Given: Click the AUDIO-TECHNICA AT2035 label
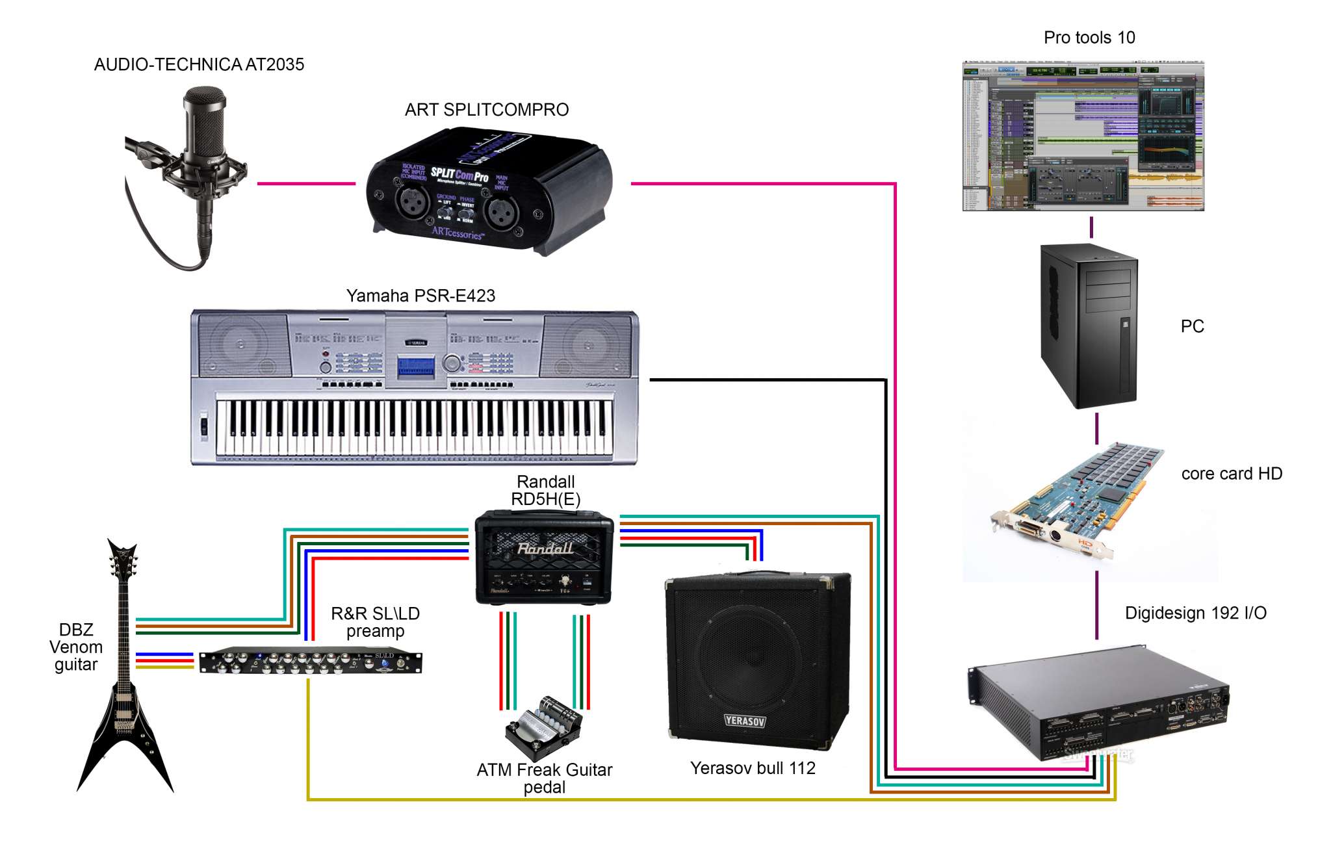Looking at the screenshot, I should tap(199, 64).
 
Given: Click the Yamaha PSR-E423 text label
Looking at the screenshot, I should tap(420, 296).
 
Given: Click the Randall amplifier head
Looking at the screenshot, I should tap(544, 558).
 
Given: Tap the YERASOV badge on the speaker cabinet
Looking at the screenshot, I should tap(745, 721).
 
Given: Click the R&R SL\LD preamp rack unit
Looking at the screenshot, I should tap(311, 662).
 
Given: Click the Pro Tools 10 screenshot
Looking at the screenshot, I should tap(1083, 136).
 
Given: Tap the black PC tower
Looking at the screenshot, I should tap(1089, 326).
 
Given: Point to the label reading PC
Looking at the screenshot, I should tap(1192, 326).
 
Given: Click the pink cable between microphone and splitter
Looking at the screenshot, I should tap(306, 183).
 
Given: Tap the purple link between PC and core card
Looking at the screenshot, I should tap(1097, 428).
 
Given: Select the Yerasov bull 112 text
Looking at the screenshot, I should tap(753, 768).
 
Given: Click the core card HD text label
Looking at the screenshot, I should tap(1232, 474).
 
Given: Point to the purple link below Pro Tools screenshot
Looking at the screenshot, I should tap(1091, 227).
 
